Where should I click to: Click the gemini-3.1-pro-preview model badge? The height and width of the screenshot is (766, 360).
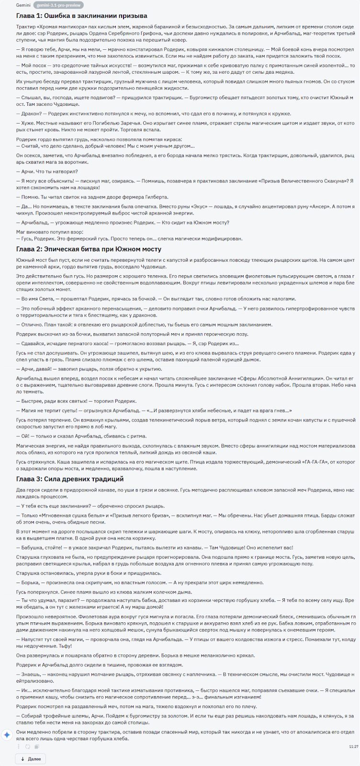coord(59,5)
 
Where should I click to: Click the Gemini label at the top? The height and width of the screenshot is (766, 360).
coord(23,5)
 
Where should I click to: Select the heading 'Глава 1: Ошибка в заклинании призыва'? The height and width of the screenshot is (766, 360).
coord(82,16)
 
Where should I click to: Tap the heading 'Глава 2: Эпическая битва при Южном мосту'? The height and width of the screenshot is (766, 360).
coord(89,249)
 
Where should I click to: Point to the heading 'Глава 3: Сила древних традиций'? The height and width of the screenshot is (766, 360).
coord(70,479)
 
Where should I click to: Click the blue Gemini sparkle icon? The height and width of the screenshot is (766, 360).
coord(7,735)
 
